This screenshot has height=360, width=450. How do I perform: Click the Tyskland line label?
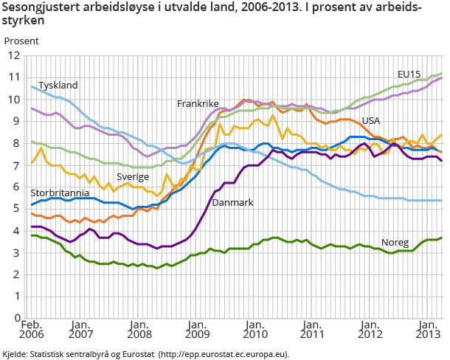tap(58, 86)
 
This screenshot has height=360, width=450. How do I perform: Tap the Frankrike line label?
tap(198, 104)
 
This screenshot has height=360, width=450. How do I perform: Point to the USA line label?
tap(371, 120)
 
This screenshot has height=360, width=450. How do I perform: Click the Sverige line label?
tap(133, 177)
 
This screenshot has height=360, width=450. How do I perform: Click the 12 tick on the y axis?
tap(14, 55)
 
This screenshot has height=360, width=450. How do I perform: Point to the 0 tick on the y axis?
tap(17, 319)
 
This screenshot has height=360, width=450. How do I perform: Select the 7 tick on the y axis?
tap(17, 165)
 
